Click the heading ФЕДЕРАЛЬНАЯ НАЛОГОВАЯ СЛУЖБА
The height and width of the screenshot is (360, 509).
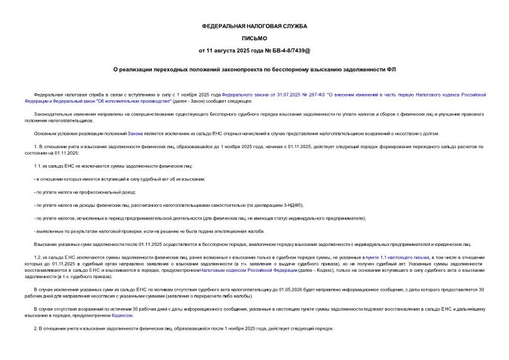(x=254, y=26)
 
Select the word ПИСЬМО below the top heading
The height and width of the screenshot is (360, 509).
(x=254, y=38)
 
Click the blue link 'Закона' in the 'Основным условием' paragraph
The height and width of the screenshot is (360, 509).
(x=135, y=134)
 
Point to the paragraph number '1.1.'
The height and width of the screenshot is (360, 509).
(x=38, y=166)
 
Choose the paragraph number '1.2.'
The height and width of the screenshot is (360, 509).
(x=38, y=258)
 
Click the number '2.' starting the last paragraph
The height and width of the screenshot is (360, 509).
(x=35, y=330)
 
